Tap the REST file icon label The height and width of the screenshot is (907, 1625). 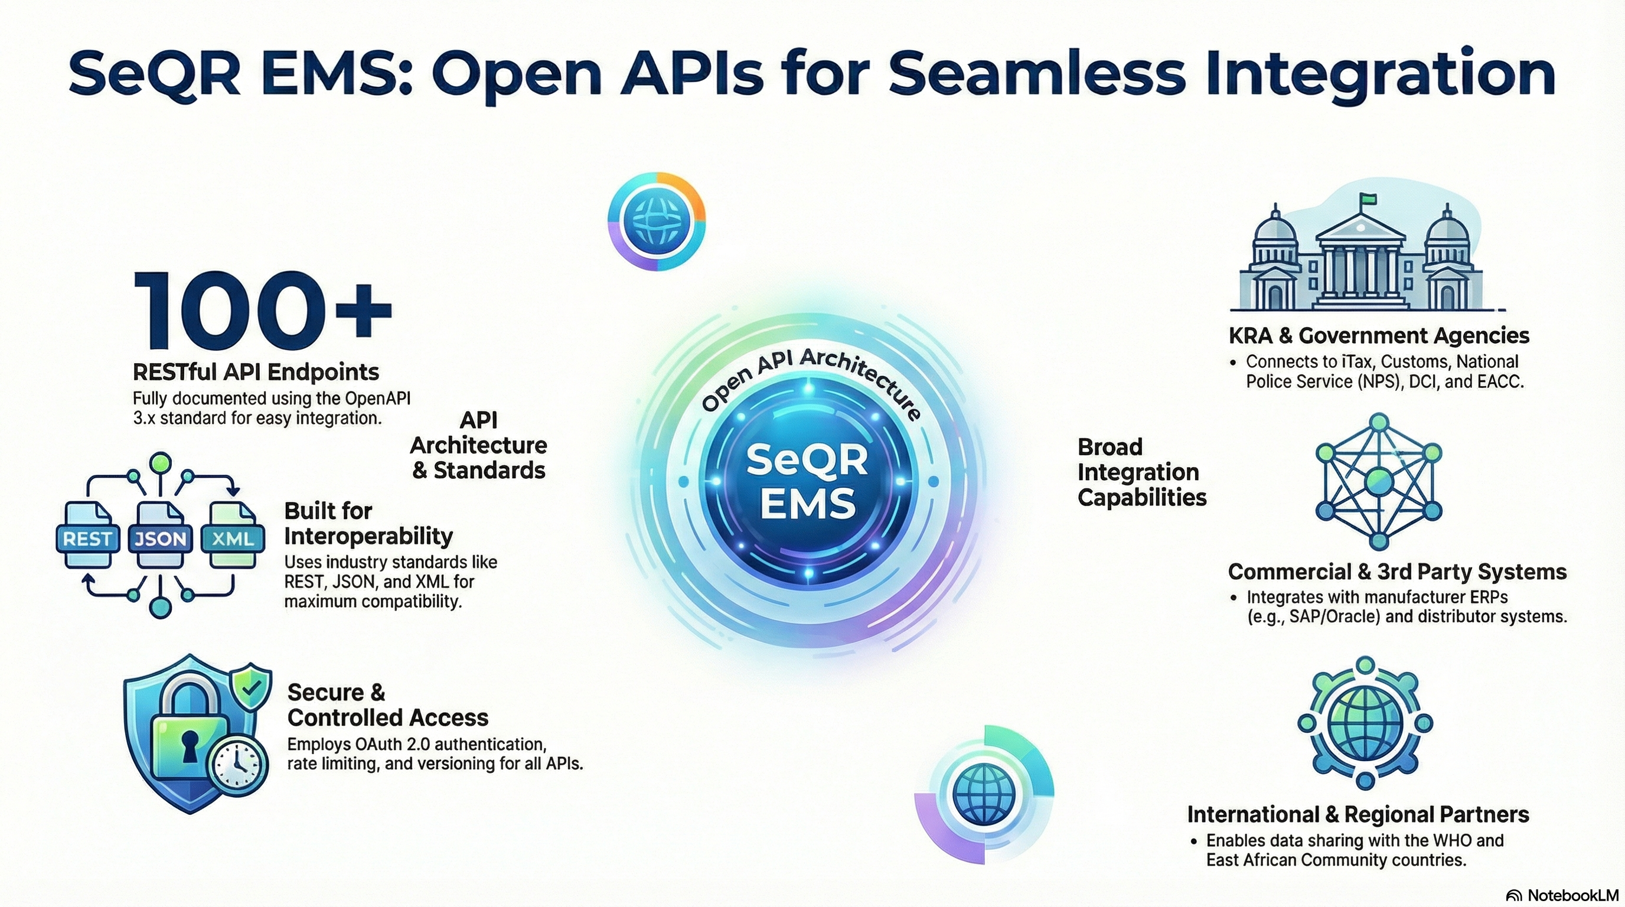[x=87, y=538]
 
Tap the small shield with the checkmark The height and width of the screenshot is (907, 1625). [x=251, y=689]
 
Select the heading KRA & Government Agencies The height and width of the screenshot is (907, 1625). [x=1378, y=335]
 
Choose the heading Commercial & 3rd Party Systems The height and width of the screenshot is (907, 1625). [x=1396, y=572]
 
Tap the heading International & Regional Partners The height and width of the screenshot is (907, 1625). [x=1358, y=814]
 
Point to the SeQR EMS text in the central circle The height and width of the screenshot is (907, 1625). [x=807, y=481]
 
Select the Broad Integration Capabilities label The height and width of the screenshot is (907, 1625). [x=1141, y=472]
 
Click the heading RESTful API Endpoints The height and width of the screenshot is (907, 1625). [x=256, y=371]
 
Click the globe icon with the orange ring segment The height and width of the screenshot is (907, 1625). [x=657, y=221]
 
